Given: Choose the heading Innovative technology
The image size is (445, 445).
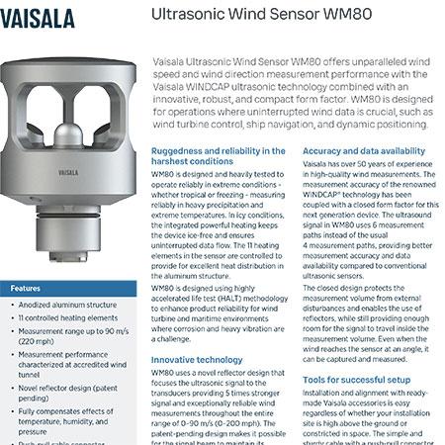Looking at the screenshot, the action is coord(198,359).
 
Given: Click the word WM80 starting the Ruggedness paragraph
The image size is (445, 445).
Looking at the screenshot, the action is coord(164,172).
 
